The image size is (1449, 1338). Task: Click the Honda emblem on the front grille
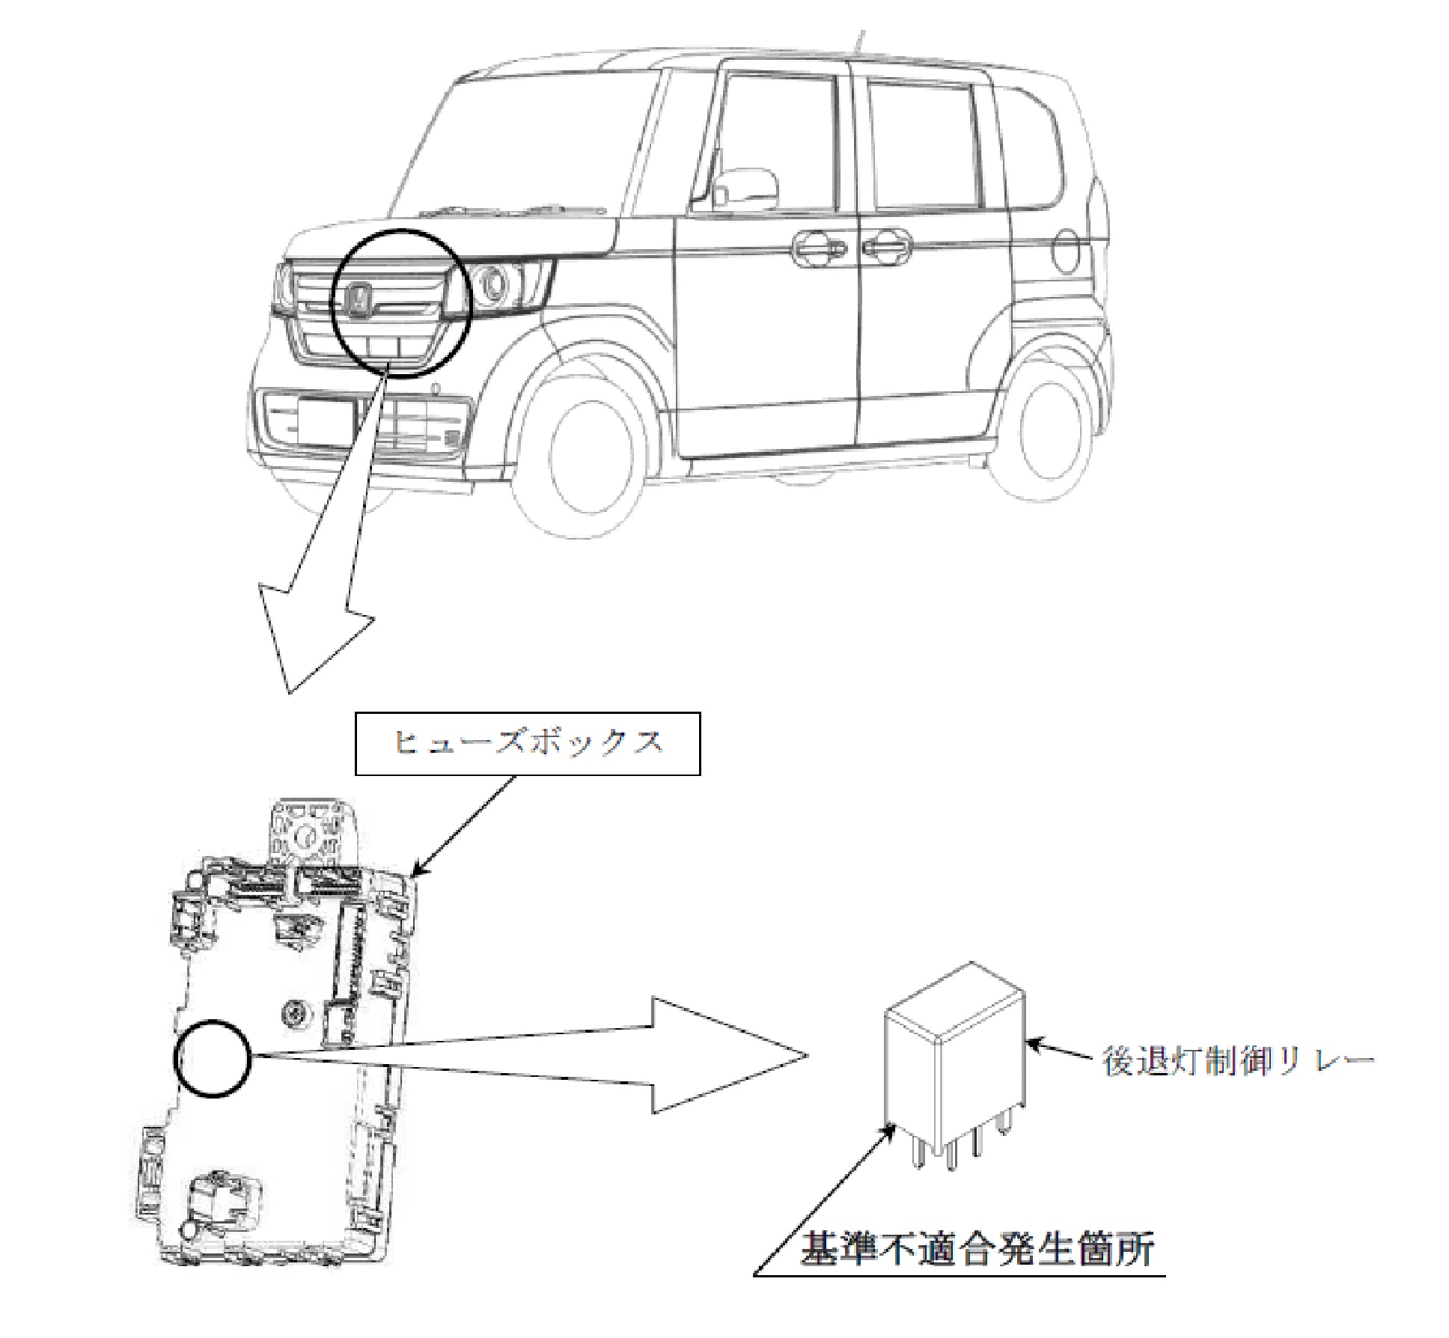click(x=361, y=300)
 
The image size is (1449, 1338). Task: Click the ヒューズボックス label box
click(x=528, y=743)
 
